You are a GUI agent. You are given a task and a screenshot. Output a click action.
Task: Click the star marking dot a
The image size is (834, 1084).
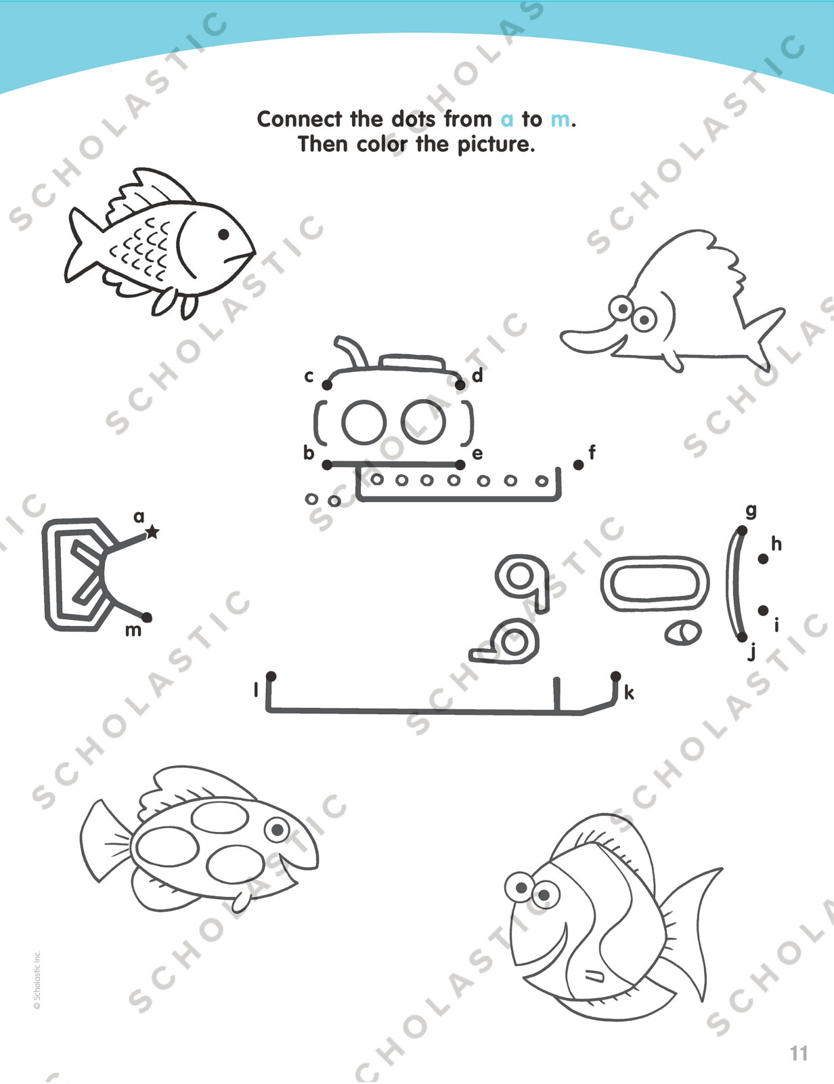click(x=152, y=533)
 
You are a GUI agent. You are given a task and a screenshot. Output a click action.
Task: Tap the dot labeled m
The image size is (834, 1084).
click(x=147, y=618)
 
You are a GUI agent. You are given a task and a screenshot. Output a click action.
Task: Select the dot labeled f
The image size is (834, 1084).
click(x=578, y=465)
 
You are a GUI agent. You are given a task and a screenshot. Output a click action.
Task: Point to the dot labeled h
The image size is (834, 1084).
click(x=763, y=559)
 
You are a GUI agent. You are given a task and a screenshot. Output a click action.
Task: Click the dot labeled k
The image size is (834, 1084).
click(x=616, y=676)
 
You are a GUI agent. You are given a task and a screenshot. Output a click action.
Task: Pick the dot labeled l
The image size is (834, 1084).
click(x=271, y=676)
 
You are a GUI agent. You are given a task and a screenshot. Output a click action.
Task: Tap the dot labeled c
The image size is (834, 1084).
click(x=327, y=385)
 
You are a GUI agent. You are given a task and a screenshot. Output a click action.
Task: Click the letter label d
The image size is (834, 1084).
click(x=477, y=375)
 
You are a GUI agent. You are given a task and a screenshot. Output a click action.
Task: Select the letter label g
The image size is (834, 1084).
click(x=751, y=512)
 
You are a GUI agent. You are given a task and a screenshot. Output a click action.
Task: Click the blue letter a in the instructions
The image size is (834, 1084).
click(x=506, y=120)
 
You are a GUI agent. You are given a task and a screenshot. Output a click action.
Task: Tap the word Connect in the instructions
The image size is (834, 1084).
click(x=299, y=119)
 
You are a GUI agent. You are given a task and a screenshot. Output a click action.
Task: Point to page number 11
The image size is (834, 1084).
click(x=799, y=1054)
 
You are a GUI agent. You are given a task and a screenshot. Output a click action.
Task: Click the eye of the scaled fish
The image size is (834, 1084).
click(x=223, y=234)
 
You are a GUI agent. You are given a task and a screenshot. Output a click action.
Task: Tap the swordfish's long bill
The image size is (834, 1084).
click(x=588, y=340)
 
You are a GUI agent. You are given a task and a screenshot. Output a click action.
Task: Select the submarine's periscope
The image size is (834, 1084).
click(x=351, y=352)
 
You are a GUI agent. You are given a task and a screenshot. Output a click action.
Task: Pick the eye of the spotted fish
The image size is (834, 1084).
click(x=277, y=829)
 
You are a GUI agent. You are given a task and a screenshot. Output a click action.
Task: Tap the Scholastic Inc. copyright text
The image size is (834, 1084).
click(x=37, y=980)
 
